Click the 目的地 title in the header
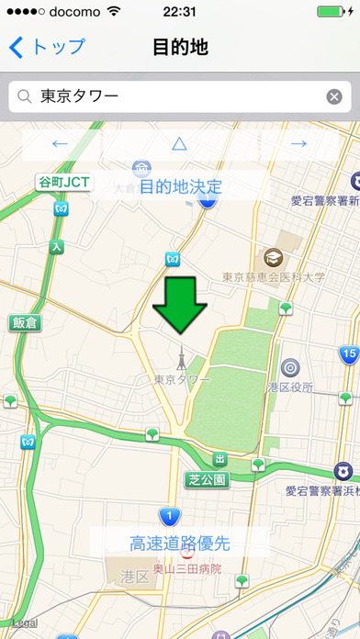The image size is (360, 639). [180, 47]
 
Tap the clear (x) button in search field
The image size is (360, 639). [334, 96]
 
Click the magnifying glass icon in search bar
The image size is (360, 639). [25, 96]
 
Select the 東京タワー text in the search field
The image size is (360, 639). [80, 96]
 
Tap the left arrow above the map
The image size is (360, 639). [61, 143]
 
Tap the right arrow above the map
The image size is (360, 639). [298, 143]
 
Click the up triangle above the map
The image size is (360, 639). [179, 143]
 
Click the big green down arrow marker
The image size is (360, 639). [180, 307]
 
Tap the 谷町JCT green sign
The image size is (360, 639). [64, 182]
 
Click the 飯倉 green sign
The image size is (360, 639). [25, 322]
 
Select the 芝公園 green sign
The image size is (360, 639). [207, 478]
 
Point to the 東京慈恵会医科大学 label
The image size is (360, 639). [274, 276]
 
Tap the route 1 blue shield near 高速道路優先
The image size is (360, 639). [169, 516]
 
